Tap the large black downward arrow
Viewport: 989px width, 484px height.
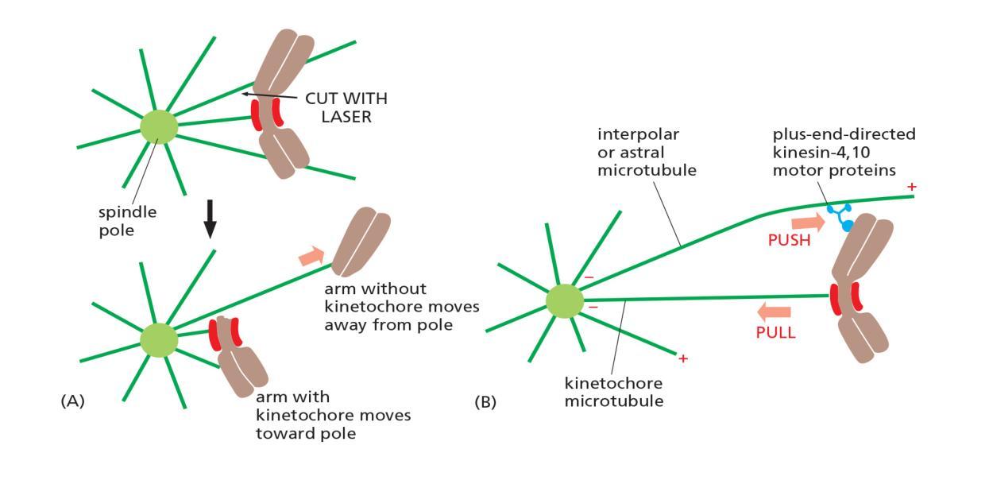pos(210,219)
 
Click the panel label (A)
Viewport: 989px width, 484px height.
pos(72,402)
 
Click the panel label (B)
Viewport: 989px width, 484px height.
pos(485,402)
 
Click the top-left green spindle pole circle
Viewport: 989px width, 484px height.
pos(159,127)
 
